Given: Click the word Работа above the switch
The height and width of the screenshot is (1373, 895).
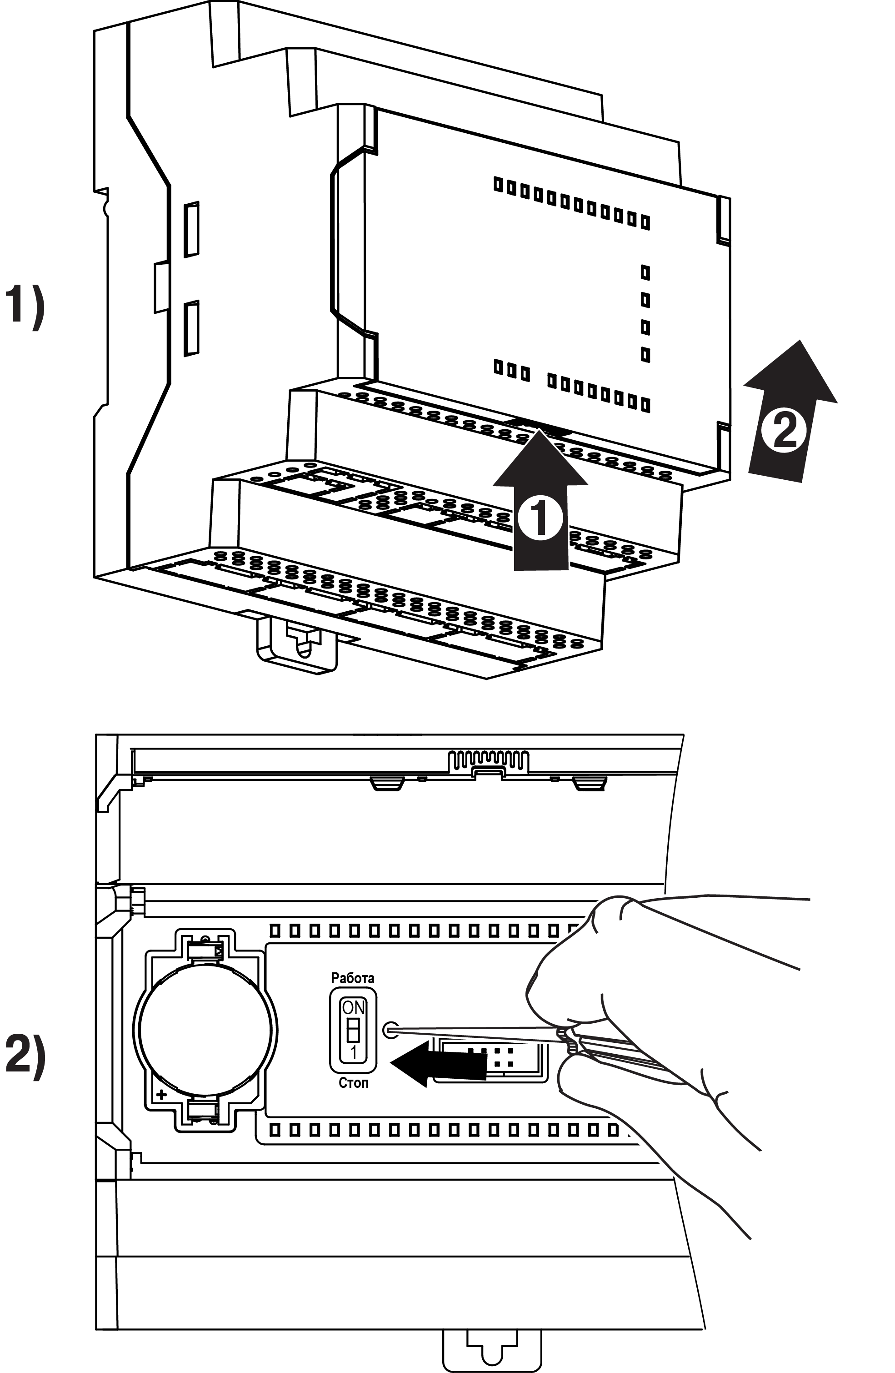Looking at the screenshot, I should (x=352, y=978).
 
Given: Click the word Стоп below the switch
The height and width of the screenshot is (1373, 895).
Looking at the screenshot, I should (x=353, y=1083).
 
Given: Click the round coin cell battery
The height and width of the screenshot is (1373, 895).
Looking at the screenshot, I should (x=205, y=1031).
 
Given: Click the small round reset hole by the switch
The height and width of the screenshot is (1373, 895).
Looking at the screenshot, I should (x=390, y=1030).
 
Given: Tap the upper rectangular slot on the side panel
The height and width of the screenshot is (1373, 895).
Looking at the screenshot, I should (x=191, y=229).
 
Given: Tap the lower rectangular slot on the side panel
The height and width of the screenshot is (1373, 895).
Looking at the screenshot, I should (x=191, y=328).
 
